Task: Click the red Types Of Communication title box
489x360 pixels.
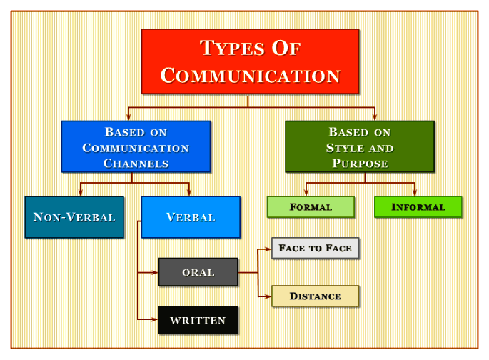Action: (250, 61)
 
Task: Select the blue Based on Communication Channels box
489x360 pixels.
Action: (136, 146)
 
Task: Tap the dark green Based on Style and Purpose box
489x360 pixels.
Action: (360, 146)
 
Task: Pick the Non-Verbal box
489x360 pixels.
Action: (74, 217)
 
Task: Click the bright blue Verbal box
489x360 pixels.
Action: (191, 217)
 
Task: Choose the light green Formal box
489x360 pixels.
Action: (311, 207)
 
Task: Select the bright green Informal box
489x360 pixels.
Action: (418, 207)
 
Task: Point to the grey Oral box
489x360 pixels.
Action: (198, 272)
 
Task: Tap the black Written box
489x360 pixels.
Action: (198, 320)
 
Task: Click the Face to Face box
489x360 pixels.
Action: (315, 248)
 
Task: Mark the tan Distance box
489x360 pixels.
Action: (315, 296)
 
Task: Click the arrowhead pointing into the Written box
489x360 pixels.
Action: (155, 320)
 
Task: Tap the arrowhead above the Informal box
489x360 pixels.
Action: (415, 193)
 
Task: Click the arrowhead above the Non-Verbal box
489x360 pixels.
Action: (80, 193)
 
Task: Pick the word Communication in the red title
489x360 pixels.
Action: (250, 75)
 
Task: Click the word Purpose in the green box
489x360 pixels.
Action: (360, 164)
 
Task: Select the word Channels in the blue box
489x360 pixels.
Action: (136, 164)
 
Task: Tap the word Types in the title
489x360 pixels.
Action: (224, 49)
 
